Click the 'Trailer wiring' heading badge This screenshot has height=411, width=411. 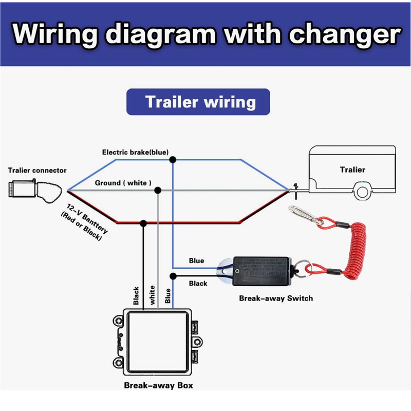click(198, 101)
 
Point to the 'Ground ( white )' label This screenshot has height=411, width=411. click(123, 183)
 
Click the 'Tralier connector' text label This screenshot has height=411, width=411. click(37, 170)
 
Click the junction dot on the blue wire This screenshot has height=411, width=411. click(173, 159)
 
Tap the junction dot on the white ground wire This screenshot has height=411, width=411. click(158, 191)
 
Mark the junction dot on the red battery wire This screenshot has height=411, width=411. click(143, 223)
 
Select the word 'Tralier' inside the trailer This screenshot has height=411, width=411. click(352, 170)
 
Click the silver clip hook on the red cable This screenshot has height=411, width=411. click(303, 213)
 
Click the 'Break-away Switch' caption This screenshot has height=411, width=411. click(276, 298)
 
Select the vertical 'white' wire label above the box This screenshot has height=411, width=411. click(152, 295)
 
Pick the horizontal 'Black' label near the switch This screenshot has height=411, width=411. click(198, 284)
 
